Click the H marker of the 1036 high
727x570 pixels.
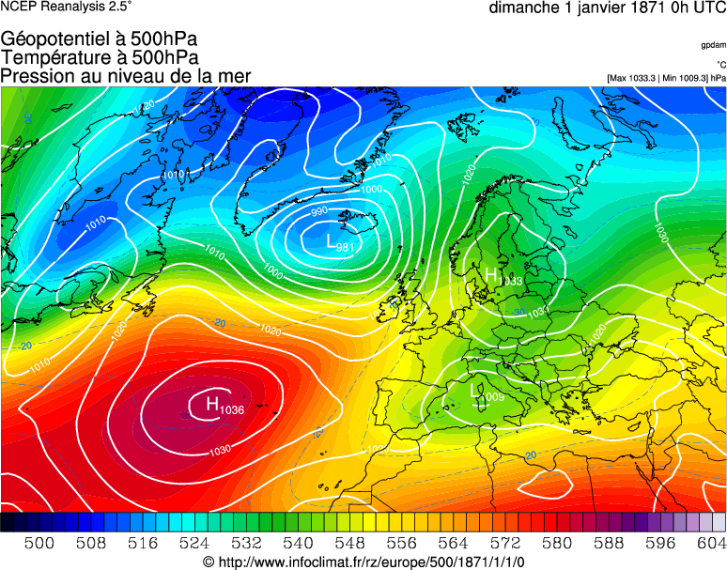tap(212, 404)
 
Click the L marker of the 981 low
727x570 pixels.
tap(330, 241)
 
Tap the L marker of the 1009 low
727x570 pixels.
tap(473, 390)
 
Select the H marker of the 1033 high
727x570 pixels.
tap(492, 274)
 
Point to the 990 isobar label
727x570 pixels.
tap(320, 211)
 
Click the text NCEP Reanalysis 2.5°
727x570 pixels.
tap(66, 7)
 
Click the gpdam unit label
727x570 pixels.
tap(713, 45)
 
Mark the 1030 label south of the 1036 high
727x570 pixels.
tap(219, 450)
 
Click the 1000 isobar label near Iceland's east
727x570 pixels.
tap(372, 190)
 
